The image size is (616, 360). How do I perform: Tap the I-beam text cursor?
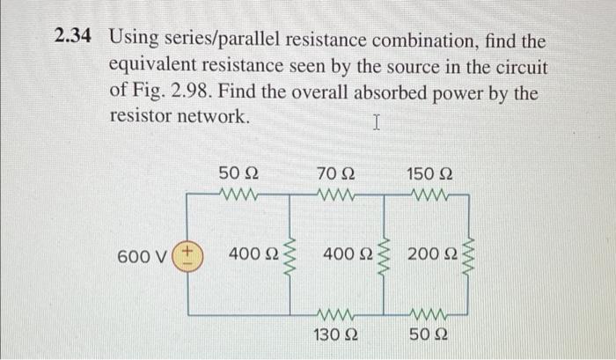coord(376,123)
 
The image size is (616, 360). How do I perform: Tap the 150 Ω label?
coord(431,173)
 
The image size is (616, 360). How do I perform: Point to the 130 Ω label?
coord(334,334)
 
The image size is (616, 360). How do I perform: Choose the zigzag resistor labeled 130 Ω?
coord(334,313)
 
